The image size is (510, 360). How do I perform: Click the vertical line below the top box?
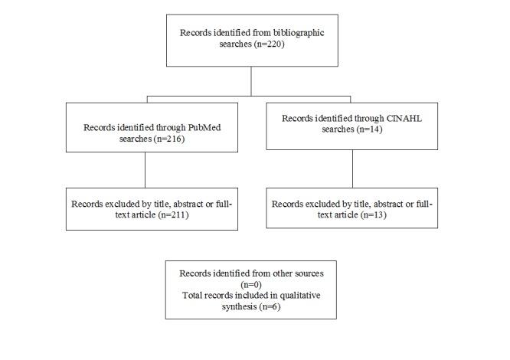[250, 80]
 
